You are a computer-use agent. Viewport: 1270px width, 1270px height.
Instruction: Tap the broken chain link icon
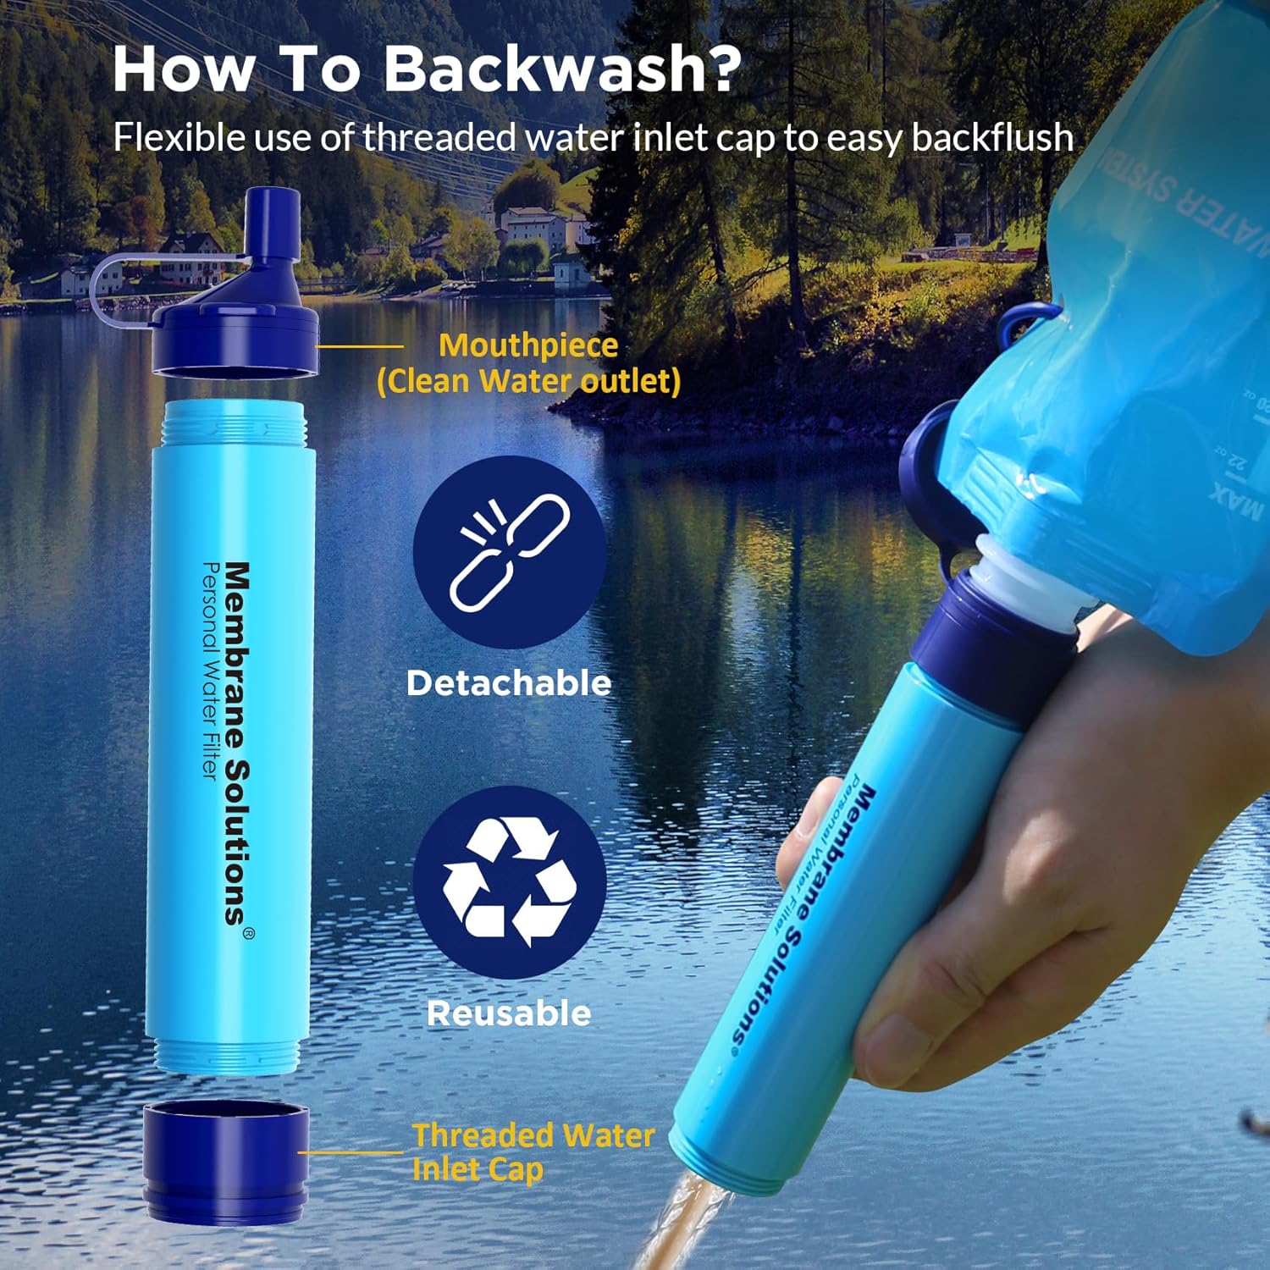(x=510, y=553)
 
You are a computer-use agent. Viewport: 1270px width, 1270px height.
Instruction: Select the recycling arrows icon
(x=510, y=882)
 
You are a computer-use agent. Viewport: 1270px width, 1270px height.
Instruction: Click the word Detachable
(x=508, y=683)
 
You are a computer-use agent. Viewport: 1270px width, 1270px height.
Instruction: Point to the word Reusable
(x=508, y=1013)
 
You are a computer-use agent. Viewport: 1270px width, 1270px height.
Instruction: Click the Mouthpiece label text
(x=528, y=345)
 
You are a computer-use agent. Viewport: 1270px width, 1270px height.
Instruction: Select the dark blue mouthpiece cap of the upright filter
(x=235, y=339)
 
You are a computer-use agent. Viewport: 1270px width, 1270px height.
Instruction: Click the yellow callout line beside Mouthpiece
(x=359, y=346)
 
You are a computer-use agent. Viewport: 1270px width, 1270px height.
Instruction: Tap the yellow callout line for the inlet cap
(x=351, y=1151)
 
